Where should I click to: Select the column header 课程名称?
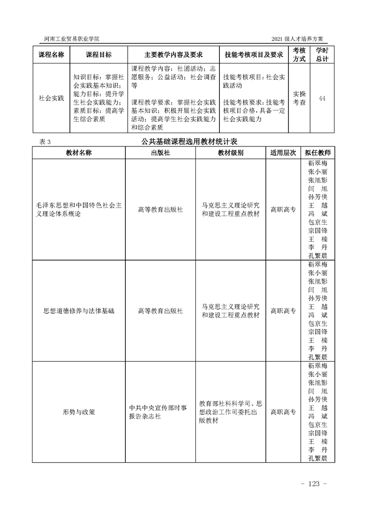pos(51,55)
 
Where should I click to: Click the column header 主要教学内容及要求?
pos(174,55)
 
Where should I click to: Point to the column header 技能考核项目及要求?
pos(254,55)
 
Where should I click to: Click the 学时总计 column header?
pos(322,55)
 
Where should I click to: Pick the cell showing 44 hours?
pos(322,98)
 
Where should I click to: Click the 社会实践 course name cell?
pos(51,98)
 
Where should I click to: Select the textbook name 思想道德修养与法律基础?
pos(79,311)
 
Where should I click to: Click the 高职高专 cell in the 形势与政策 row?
pos(283,412)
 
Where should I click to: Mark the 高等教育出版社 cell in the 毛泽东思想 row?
pos(160,209)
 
